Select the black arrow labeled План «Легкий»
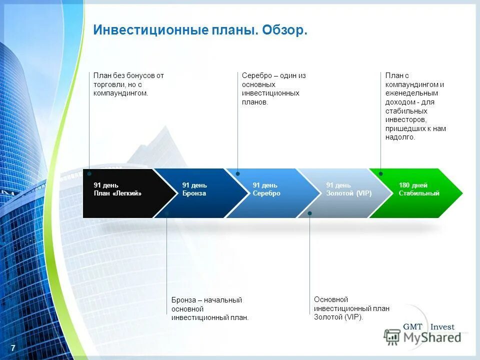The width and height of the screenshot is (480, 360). (120, 192)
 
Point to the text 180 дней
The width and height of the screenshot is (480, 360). (413, 185)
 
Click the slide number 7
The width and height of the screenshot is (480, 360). (12, 348)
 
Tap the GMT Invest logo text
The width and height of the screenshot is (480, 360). (428, 327)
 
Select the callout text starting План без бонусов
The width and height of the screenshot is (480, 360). (128, 84)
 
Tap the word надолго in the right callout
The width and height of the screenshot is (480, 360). (400, 137)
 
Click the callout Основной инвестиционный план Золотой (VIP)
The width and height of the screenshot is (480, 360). (351, 308)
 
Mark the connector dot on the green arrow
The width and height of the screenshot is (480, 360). (381, 174)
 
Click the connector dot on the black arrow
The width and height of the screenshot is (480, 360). (89, 174)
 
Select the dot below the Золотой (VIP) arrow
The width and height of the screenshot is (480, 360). (309, 213)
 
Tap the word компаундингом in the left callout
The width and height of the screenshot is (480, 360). (120, 93)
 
